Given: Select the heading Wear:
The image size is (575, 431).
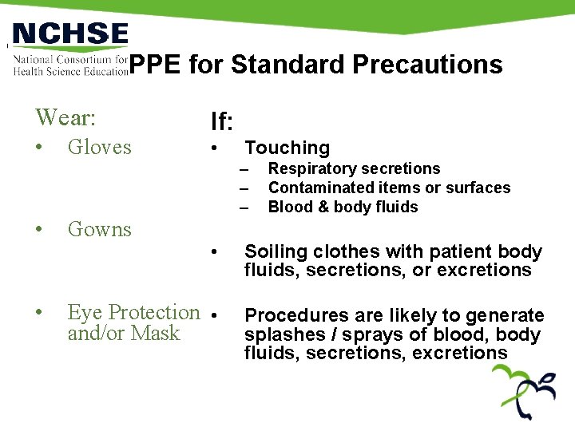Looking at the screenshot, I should pyautogui.click(x=65, y=118).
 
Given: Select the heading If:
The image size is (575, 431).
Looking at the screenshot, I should pyautogui.click(x=221, y=122).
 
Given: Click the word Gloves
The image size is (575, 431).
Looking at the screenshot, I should pyautogui.click(x=99, y=147).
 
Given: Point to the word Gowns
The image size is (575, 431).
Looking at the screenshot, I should pyautogui.click(x=99, y=229).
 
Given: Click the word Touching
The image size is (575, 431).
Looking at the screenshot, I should pyautogui.click(x=287, y=148).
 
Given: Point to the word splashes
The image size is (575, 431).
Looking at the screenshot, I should pyautogui.click(x=280, y=335).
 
